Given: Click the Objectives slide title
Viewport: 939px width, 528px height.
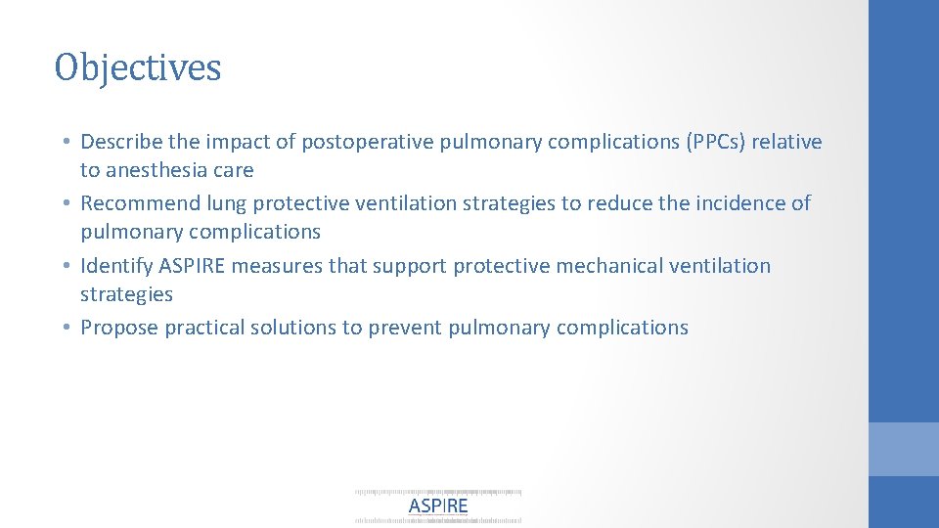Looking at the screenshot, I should [138, 67].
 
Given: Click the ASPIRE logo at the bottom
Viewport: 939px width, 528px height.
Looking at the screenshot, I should [437, 506].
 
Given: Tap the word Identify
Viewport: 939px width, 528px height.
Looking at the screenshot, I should [113, 266].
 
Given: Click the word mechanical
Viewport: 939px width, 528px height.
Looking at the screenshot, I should [581, 266].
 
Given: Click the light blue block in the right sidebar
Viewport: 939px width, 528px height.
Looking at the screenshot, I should [904, 449].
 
